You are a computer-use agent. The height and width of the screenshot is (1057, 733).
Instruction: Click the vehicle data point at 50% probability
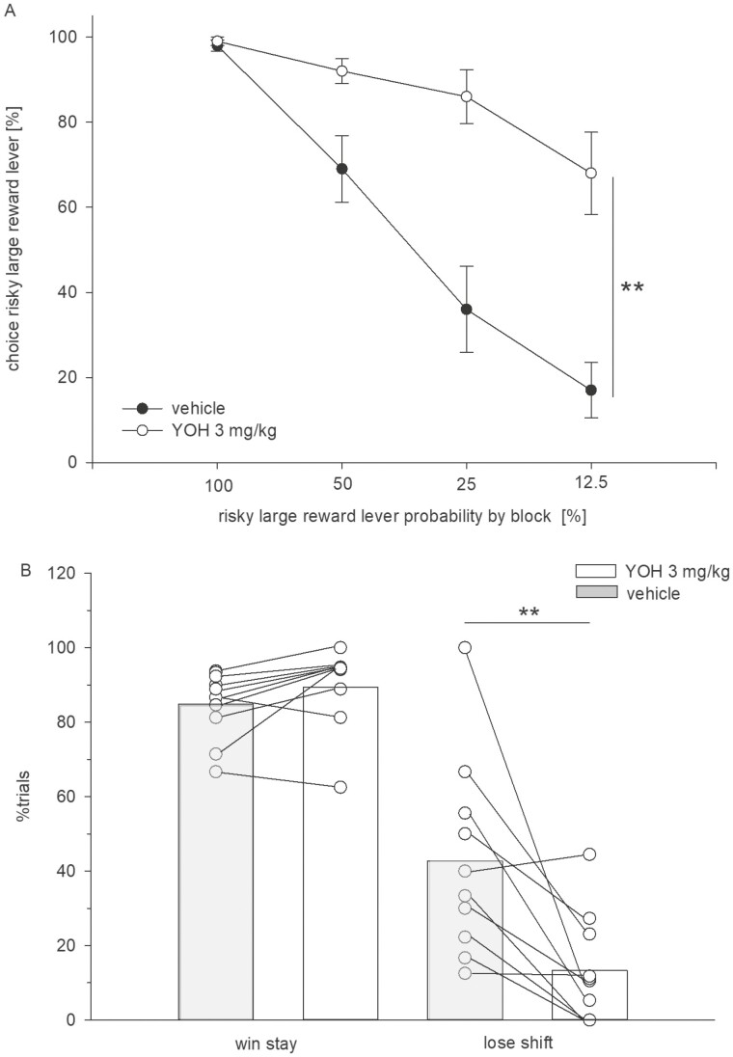click(341, 169)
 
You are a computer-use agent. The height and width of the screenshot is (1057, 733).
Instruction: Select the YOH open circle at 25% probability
click(466, 96)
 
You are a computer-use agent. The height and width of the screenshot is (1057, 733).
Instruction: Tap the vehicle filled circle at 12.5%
click(590, 390)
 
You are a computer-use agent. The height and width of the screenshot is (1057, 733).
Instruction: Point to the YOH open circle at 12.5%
click(590, 173)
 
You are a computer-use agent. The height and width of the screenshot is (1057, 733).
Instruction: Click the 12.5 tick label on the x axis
click(590, 482)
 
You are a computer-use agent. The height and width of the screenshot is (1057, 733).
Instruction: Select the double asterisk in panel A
click(633, 288)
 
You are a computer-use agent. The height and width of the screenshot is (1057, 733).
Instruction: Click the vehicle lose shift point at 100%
click(465, 647)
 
